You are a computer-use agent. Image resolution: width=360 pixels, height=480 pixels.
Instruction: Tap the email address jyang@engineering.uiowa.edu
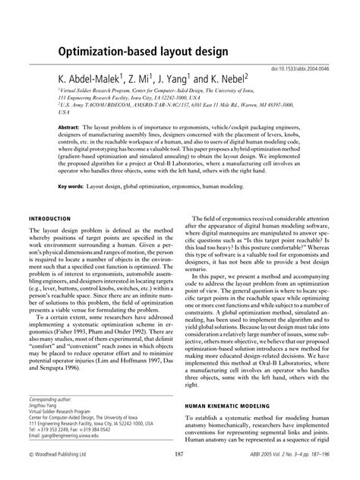pyautogui.click(x=84, y=437)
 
